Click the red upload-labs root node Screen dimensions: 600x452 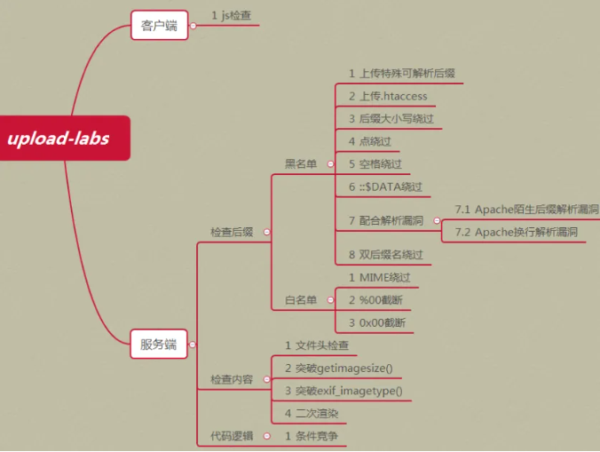coord(59,138)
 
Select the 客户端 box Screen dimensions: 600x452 coord(159,25)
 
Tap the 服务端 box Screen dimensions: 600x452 coord(159,345)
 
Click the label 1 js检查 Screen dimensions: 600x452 coord(231,15)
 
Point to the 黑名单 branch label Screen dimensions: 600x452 coord(300,163)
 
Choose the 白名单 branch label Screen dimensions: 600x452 coord(300,300)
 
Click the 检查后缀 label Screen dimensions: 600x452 coord(232,232)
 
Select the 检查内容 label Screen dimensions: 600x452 coord(232,379)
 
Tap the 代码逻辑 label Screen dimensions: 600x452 coord(232,436)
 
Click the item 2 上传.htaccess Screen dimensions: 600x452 coord(388,96)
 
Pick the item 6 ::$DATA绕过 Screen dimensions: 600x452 coord(385,187)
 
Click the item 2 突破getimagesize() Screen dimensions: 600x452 coord(338,368)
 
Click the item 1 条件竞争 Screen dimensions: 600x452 coord(316,436)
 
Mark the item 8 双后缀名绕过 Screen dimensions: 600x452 coord(385,255)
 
